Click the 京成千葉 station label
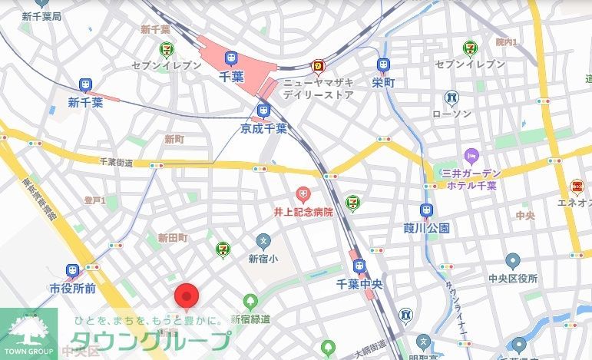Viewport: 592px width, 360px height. pos(263,128)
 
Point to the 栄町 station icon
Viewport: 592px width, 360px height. pos(382,66)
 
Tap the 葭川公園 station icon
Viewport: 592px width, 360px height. pos(425,210)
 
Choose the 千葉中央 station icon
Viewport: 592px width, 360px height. pos(359,266)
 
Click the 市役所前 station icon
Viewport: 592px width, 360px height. pos(72,271)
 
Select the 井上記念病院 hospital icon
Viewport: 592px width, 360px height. pos(303,192)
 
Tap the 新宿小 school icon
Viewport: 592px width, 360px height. pos(264,241)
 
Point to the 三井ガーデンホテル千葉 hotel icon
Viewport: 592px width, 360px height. pos(471,155)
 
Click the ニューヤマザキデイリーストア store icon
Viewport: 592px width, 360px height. pos(317,67)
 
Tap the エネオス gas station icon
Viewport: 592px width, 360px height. pos(577,186)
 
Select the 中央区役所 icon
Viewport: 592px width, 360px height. pos(512,261)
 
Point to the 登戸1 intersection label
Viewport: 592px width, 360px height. pos(94,200)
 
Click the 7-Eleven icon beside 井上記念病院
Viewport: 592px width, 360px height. pos(352,202)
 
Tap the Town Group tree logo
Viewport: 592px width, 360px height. pos(28,330)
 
